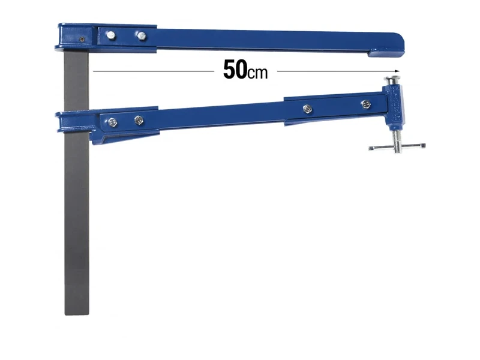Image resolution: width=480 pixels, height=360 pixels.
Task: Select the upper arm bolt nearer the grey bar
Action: point(110,35)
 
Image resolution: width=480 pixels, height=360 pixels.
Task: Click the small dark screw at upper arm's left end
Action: point(81,39)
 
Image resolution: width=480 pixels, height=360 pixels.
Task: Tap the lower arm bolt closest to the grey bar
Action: point(112,122)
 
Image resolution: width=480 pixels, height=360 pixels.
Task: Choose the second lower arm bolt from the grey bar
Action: point(139,119)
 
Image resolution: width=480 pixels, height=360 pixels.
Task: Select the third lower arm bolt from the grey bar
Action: point(307,108)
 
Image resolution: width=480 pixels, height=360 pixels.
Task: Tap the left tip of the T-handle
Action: point(370,148)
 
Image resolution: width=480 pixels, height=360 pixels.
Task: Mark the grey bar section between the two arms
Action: point(76,81)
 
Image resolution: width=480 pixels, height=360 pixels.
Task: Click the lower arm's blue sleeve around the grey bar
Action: point(75,121)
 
